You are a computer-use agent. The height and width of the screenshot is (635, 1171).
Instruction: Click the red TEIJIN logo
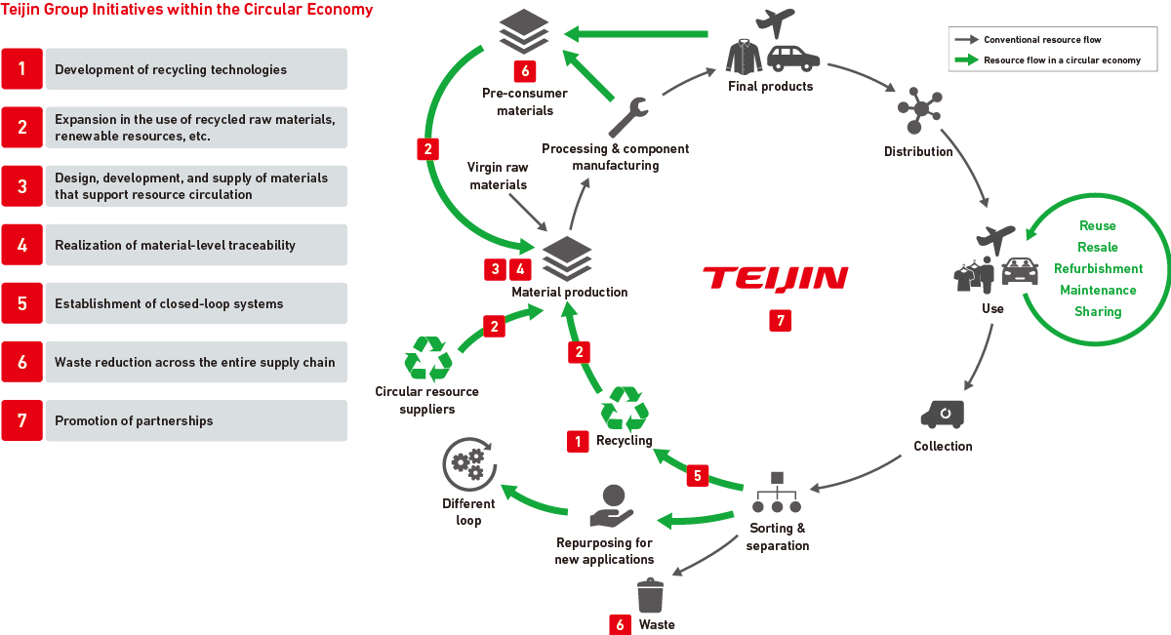click(x=775, y=279)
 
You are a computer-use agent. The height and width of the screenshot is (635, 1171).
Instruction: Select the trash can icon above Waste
click(x=650, y=596)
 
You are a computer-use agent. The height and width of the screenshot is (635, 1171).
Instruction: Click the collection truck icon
click(x=942, y=414)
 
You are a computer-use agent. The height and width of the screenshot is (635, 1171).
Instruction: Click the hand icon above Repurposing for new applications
click(x=612, y=506)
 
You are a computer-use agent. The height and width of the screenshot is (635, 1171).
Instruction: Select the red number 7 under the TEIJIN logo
click(x=778, y=320)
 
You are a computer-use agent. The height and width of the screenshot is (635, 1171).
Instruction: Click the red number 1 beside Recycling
click(x=579, y=441)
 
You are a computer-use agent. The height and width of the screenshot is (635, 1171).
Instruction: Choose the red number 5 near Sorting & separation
click(x=697, y=476)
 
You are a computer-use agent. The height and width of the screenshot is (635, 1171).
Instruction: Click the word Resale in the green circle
click(x=1098, y=248)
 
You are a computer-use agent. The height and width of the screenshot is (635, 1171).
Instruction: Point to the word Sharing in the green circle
click(x=1098, y=312)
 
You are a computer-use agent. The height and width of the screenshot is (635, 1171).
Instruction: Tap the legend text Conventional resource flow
click(x=1042, y=40)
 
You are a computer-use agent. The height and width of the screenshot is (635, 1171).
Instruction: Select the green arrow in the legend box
click(x=966, y=60)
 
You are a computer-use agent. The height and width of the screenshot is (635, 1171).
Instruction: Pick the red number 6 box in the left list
click(x=22, y=362)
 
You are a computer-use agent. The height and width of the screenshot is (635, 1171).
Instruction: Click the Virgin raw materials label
click(x=498, y=177)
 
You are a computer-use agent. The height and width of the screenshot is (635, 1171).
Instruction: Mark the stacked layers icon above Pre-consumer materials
click(x=517, y=33)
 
